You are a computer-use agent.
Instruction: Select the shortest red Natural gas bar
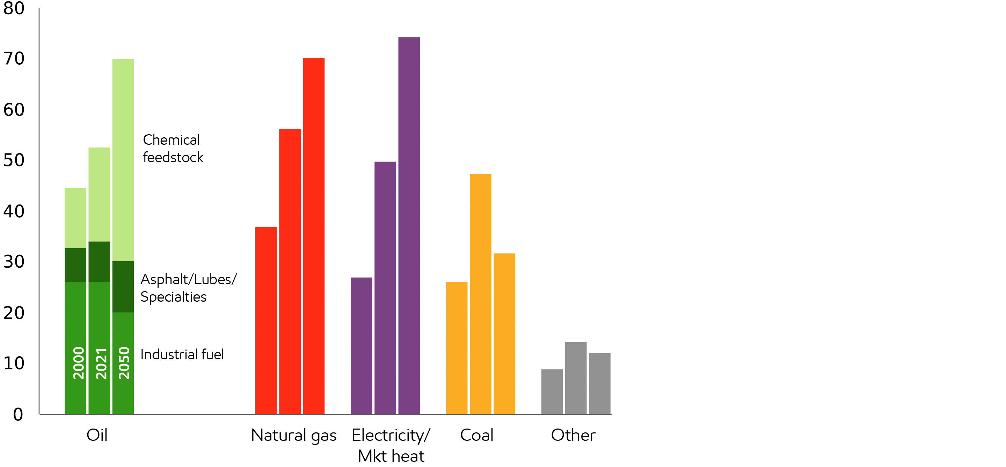point(266,321)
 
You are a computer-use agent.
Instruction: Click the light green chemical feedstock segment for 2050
point(123,160)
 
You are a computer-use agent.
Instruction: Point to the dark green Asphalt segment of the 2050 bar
point(123,286)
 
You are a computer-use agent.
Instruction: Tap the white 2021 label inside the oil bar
point(101,364)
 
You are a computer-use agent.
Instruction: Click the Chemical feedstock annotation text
point(173,149)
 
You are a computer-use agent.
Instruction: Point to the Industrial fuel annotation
point(182,354)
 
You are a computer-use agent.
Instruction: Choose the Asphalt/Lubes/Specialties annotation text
point(188,288)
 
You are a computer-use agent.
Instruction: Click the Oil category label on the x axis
point(97,435)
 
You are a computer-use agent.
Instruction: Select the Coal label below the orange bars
point(476,435)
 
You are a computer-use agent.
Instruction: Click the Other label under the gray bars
point(573,435)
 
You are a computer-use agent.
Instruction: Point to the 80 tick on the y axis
point(14,9)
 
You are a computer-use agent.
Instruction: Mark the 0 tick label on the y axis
point(18,414)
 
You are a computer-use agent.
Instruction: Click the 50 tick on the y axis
point(14,160)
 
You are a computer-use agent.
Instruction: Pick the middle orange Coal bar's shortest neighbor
point(457,348)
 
